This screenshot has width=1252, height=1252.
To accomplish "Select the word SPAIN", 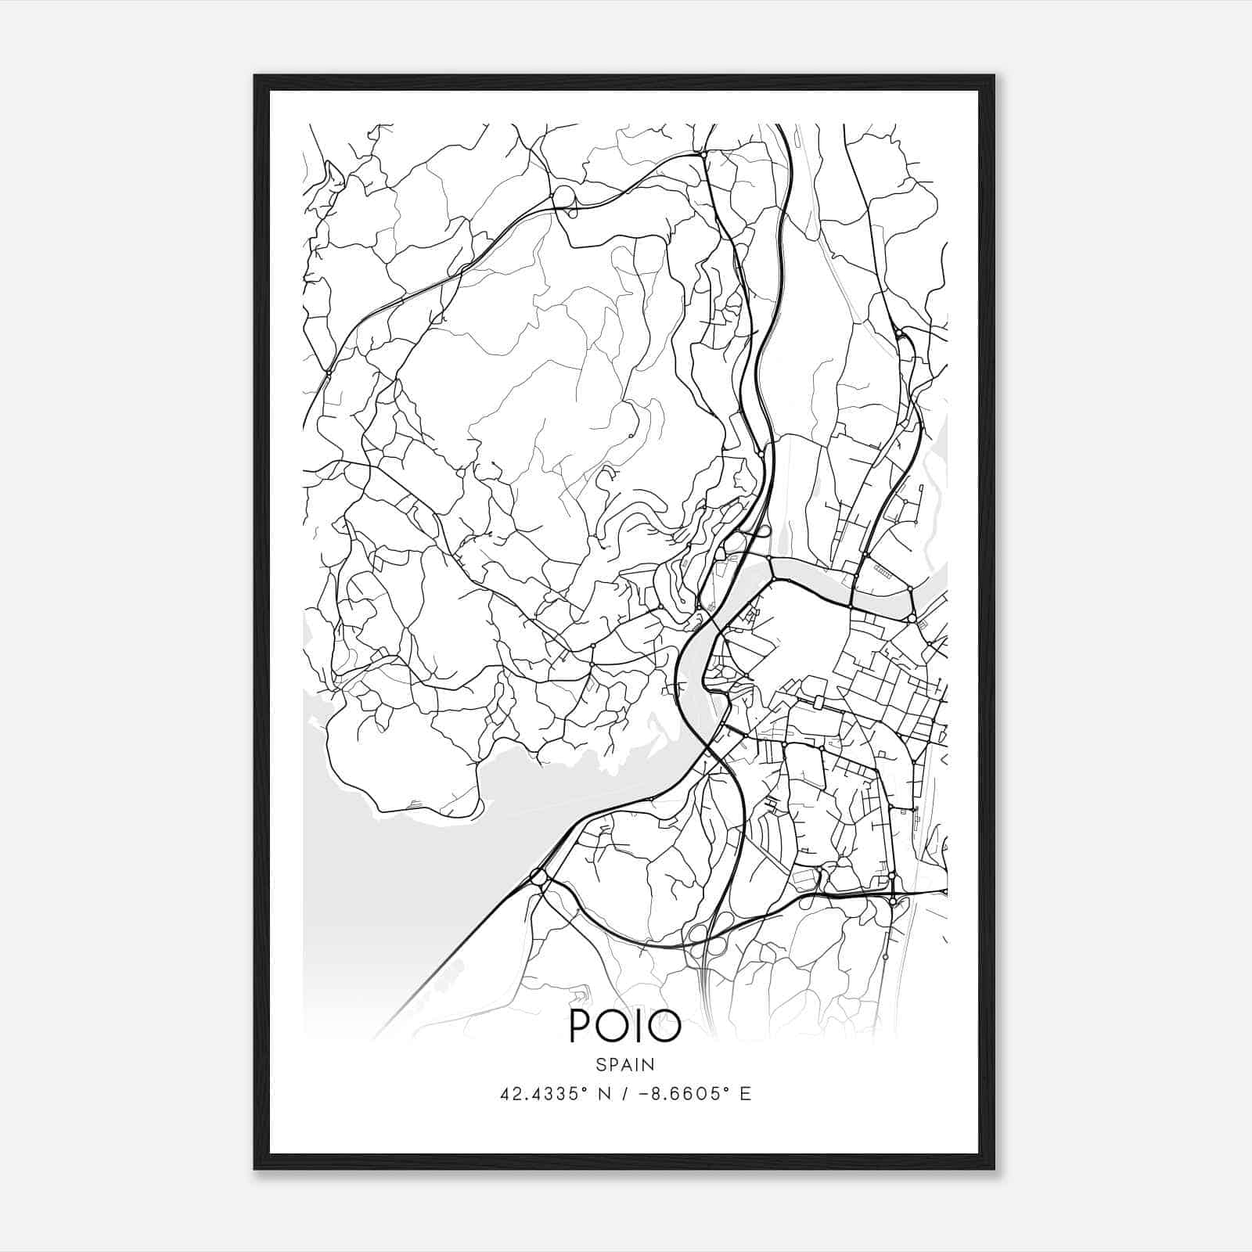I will [x=625, y=1064].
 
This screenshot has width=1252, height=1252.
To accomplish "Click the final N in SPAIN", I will [x=649, y=1064].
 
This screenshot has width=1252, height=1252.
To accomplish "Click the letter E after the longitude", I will [x=745, y=1094].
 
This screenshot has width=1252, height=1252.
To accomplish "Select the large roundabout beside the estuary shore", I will [x=538, y=877].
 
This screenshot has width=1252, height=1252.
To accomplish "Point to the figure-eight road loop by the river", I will [x=755, y=534].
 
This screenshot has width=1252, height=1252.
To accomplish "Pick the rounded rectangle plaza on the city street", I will [x=819, y=701].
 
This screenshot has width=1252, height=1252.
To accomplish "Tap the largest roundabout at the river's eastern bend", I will [x=912, y=618].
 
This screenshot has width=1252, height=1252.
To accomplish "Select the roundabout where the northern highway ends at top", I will [x=704, y=156].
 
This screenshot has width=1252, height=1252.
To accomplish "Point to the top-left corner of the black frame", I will [x=254, y=76].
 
